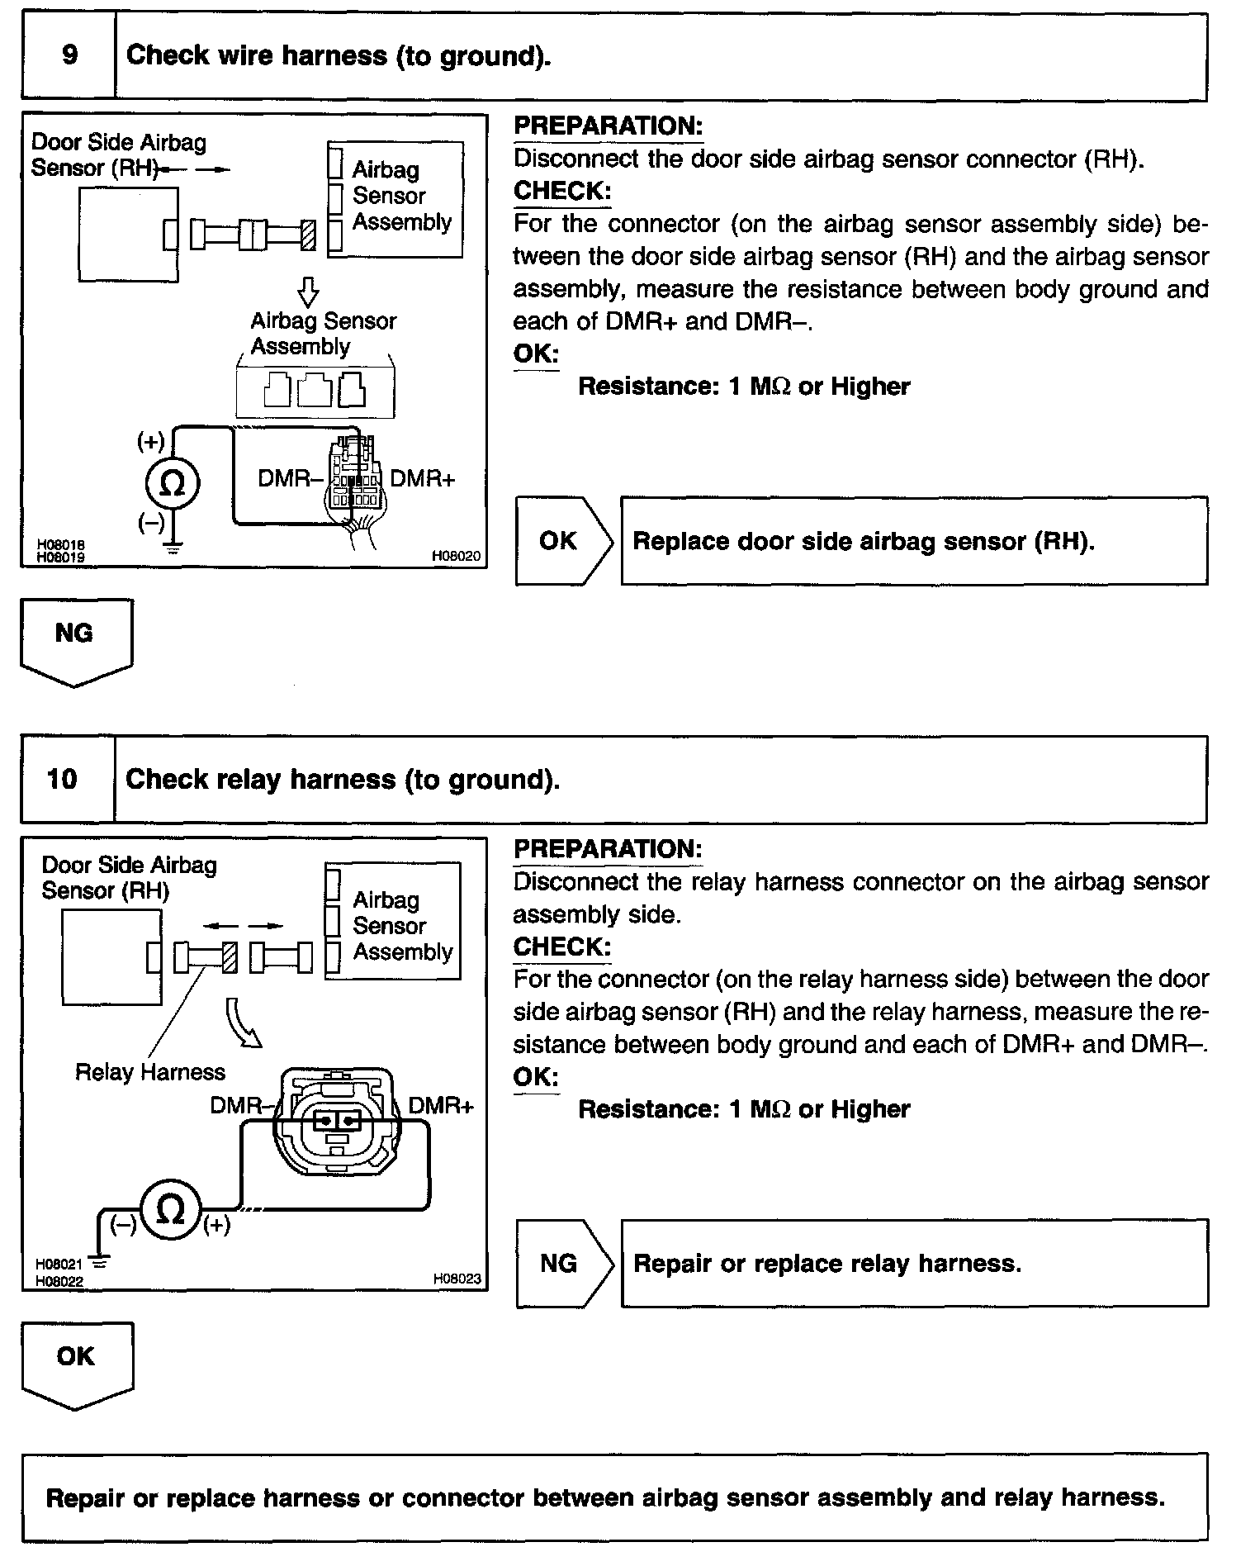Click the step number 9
pyautogui.click(x=69, y=55)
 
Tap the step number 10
pyautogui.click(x=63, y=779)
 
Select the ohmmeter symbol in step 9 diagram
pyautogui.click(x=172, y=483)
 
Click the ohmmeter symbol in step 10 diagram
pyautogui.click(x=170, y=1211)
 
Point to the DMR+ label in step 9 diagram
pyautogui.click(x=422, y=479)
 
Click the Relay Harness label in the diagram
pyautogui.click(x=149, y=1072)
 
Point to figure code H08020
pyautogui.click(x=457, y=558)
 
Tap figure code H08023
pyautogui.click(x=457, y=1279)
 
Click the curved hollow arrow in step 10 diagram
pyautogui.click(x=242, y=1023)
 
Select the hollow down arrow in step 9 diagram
pyautogui.click(x=308, y=292)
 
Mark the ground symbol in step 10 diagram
pyautogui.click(x=99, y=1261)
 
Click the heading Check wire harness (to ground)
pyautogui.click(x=339, y=56)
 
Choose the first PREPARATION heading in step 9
pyautogui.click(x=608, y=126)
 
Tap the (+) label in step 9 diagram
pyautogui.click(x=150, y=442)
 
